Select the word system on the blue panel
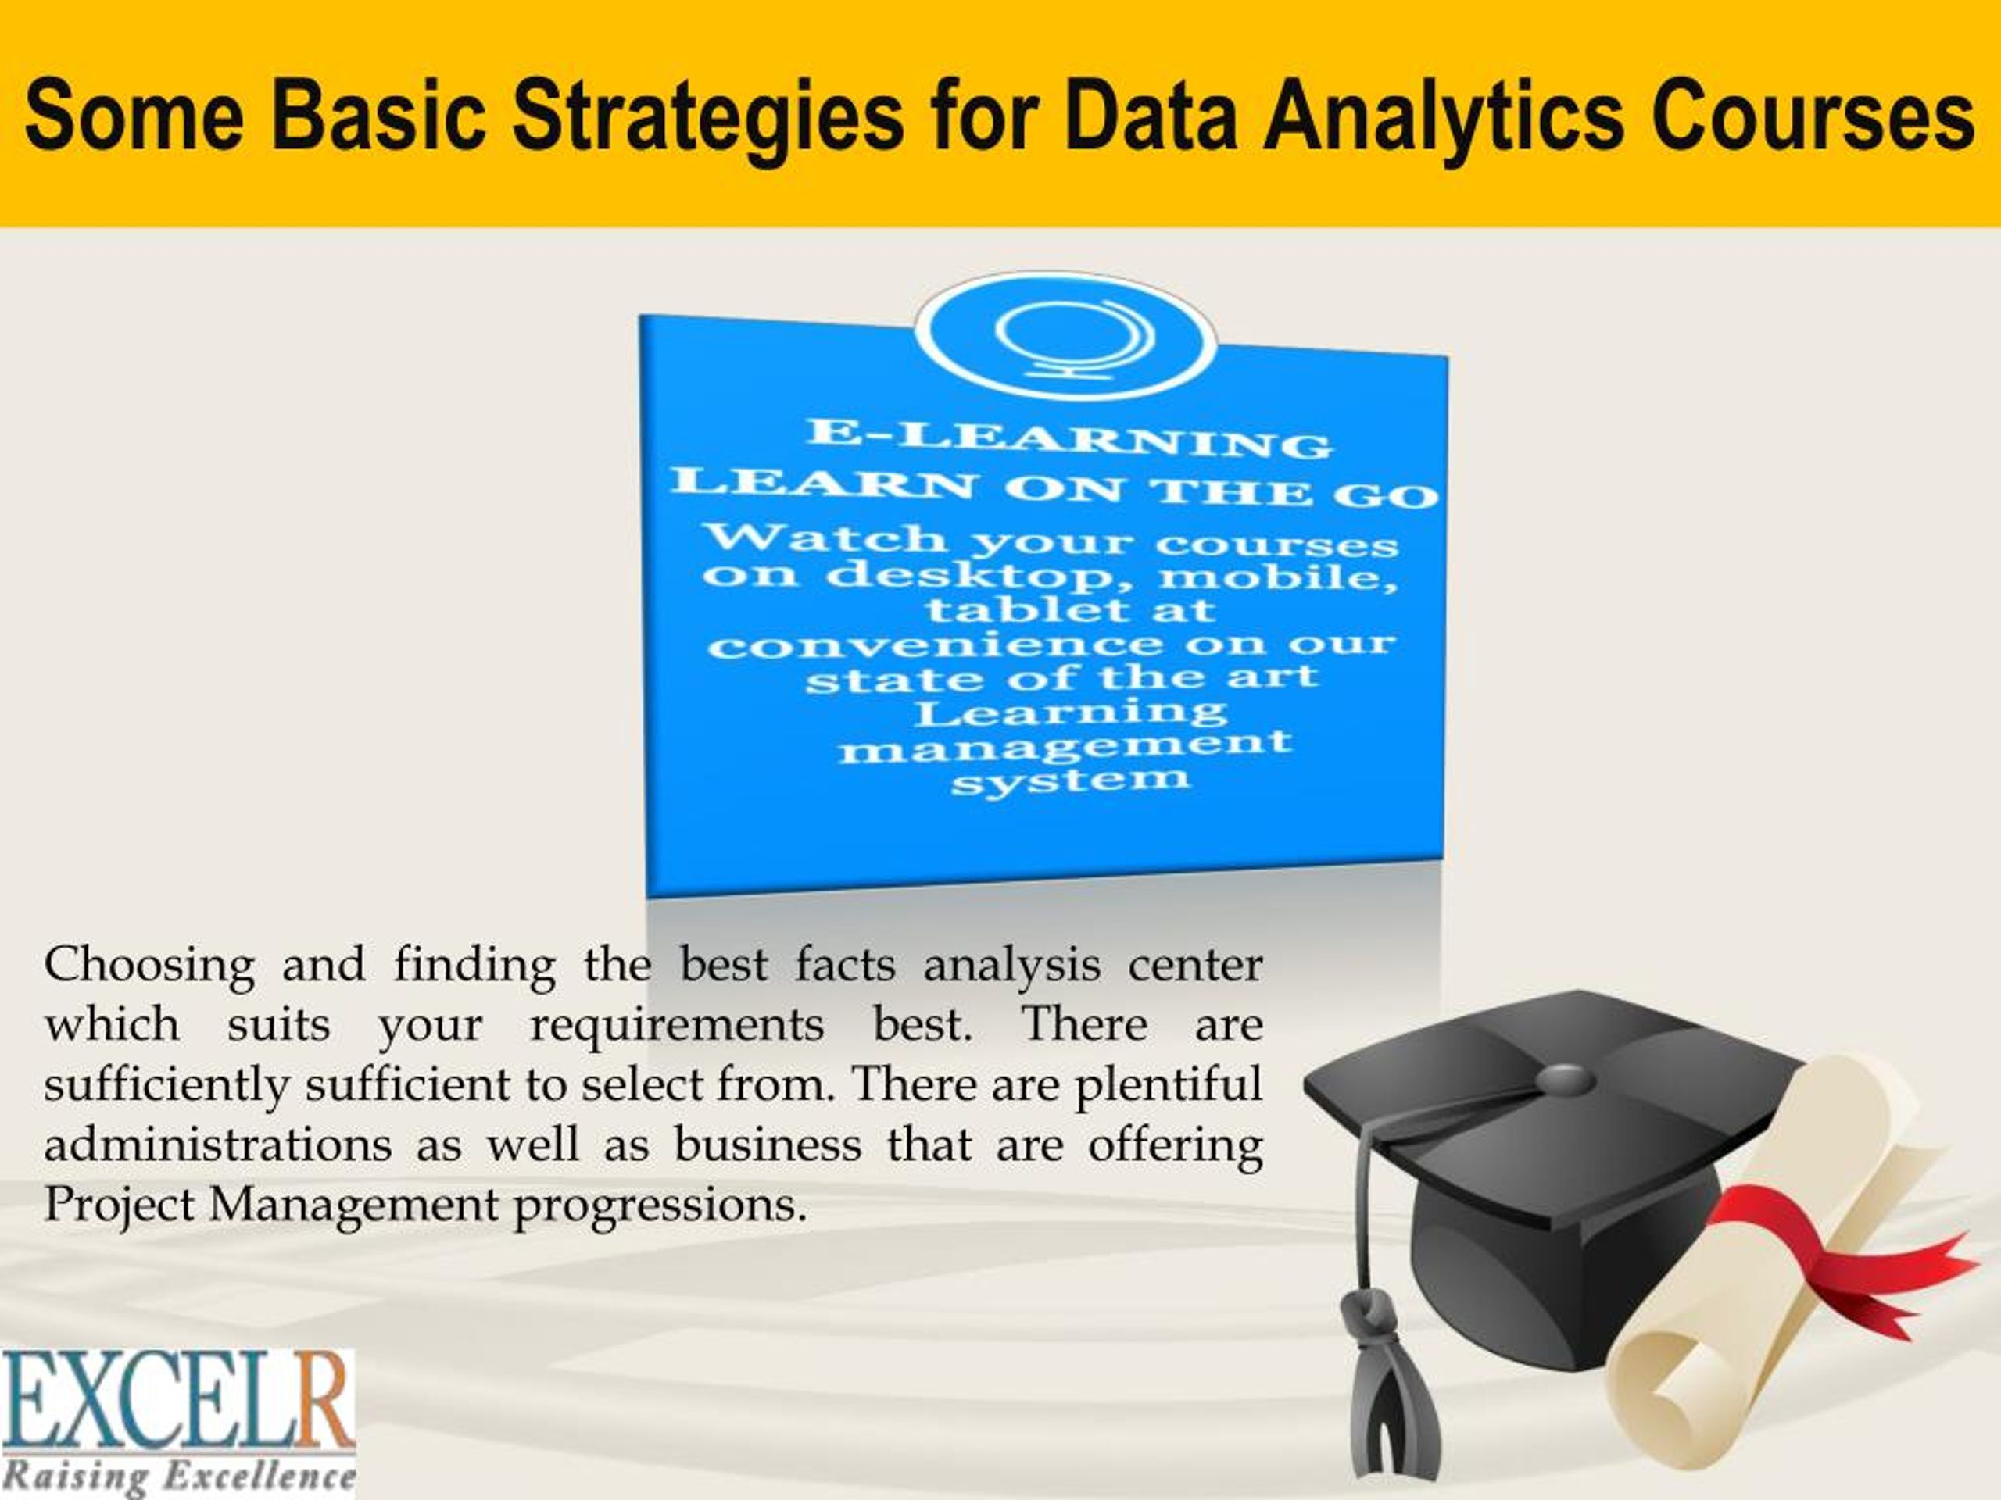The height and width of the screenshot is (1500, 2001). [1069, 780]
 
